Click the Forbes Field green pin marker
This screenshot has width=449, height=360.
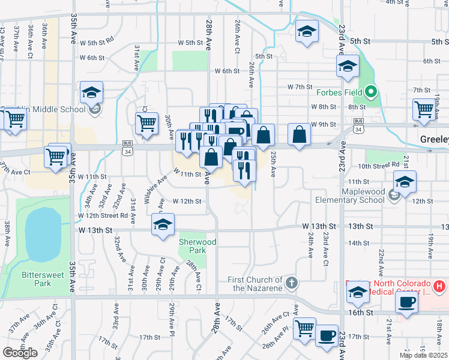coord(372,92)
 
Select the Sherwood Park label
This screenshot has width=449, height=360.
coord(197,245)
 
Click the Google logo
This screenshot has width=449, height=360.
coord(20,353)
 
